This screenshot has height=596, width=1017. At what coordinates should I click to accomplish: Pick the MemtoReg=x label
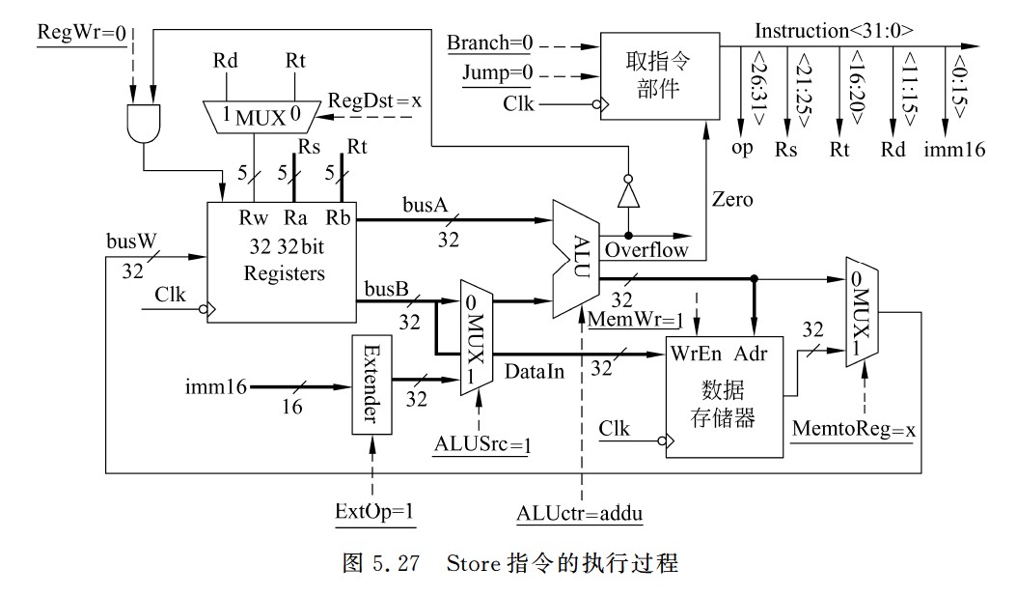(853, 426)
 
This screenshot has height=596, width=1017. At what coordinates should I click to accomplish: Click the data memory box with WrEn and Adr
(724, 396)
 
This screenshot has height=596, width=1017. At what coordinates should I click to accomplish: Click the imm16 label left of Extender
(211, 387)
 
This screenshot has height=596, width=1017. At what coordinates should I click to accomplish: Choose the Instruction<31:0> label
(834, 31)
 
